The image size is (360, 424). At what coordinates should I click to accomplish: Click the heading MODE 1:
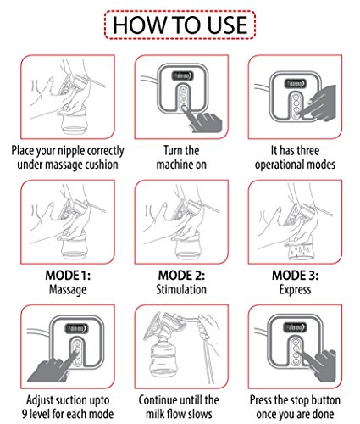tap(68, 275)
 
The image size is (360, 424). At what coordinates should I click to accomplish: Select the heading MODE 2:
tap(181, 275)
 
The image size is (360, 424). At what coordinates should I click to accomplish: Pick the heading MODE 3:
tap(295, 275)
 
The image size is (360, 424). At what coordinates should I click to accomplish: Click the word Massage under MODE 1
tap(68, 290)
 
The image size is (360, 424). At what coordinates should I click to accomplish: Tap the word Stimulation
tap(181, 289)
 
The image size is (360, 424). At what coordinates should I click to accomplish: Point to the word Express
tap(295, 290)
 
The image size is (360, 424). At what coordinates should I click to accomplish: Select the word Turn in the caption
tap(173, 150)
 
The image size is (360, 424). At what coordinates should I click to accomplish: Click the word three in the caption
tap(307, 150)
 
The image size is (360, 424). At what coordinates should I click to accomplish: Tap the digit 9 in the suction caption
tap(25, 414)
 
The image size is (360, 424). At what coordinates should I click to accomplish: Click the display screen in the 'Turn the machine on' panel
tap(182, 76)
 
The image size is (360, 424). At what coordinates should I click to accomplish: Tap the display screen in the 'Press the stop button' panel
tap(295, 327)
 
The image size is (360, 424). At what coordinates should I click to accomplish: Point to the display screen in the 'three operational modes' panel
tap(296, 83)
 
